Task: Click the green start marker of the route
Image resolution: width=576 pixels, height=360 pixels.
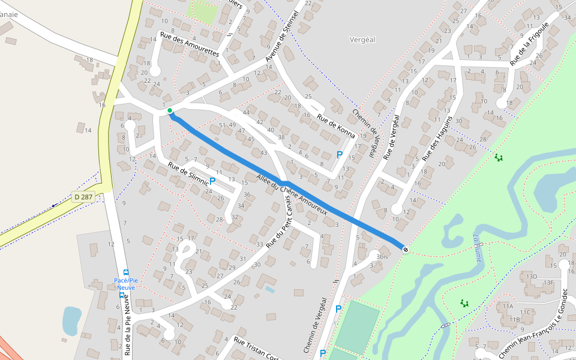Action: pyautogui.click(x=170, y=110)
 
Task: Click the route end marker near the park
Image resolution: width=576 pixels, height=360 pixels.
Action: pyautogui.click(x=406, y=249)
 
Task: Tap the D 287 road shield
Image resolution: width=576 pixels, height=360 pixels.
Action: pyautogui.click(x=83, y=196)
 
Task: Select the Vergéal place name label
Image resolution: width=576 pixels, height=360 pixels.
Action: pyautogui.click(x=362, y=40)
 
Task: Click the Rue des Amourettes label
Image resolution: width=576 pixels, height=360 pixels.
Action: pyautogui.click(x=190, y=44)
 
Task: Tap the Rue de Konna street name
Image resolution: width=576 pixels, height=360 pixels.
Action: pyautogui.click(x=336, y=127)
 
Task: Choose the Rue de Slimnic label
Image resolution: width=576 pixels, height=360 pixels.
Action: pyautogui.click(x=188, y=173)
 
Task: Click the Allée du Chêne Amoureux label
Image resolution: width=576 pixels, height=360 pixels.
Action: pyautogui.click(x=291, y=194)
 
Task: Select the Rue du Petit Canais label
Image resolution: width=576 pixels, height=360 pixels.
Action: pyautogui.click(x=282, y=221)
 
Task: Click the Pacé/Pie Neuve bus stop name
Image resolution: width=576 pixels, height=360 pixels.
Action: pyautogui.click(x=126, y=284)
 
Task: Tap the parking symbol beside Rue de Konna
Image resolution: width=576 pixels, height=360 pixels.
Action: pyautogui.click(x=340, y=155)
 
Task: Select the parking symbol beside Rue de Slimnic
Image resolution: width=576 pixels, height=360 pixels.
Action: pyautogui.click(x=212, y=180)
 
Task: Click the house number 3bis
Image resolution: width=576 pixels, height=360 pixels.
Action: pyautogui.click(x=382, y=257)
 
